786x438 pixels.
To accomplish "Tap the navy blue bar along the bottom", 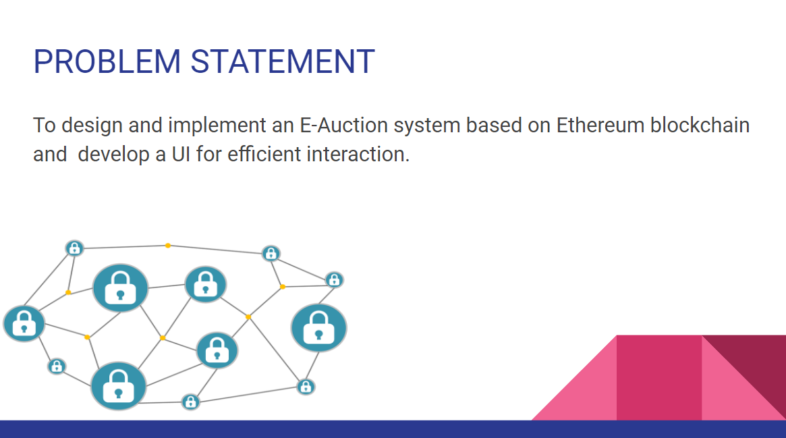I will pyautogui.click(x=393, y=429).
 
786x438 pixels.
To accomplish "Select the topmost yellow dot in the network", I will pyautogui.click(x=168, y=245).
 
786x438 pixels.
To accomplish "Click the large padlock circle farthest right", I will pyautogui.click(x=318, y=328).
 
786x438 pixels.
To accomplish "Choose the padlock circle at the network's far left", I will pyautogui.click(x=24, y=323).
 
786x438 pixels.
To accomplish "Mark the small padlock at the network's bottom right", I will pyautogui.click(x=306, y=387).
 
